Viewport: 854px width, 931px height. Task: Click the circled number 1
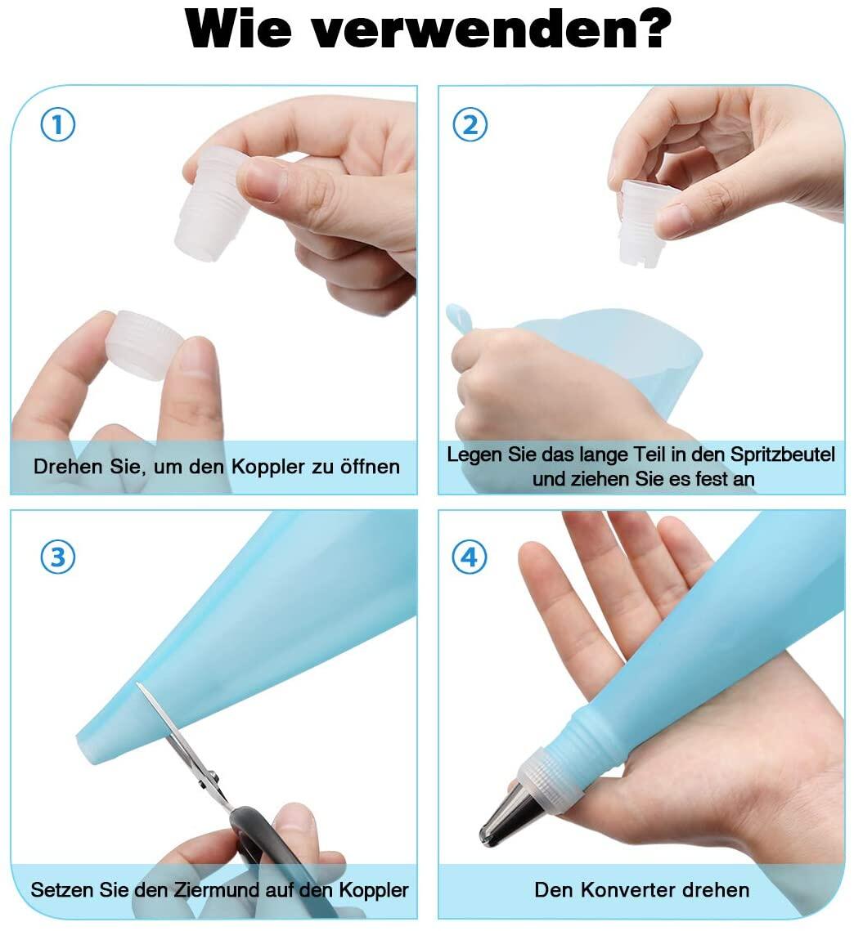[57, 125]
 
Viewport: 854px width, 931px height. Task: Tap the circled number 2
[470, 125]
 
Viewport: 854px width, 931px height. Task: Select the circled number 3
[57, 557]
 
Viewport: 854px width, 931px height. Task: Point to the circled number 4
[470, 557]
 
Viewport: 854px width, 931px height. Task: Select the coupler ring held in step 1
[145, 344]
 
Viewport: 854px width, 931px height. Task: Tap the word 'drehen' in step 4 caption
[716, 890]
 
